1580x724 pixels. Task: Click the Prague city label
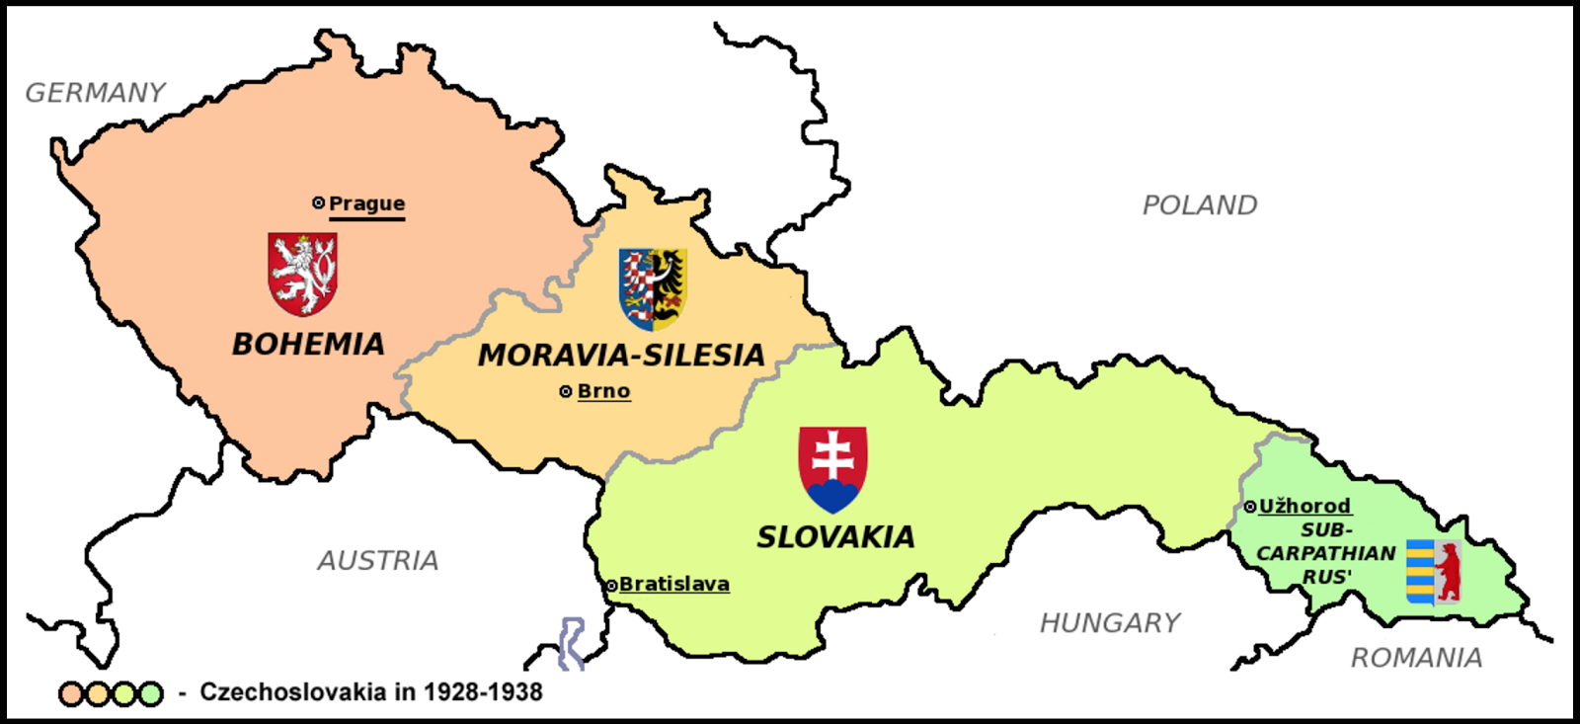(366, 203)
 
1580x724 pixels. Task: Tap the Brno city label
(603, 391)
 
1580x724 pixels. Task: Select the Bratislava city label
(674, 585)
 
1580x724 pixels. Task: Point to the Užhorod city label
(1304, 506)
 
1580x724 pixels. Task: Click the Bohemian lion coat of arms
(303, 274)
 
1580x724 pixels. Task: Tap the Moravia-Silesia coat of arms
(653, 288)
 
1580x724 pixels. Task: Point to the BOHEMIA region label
(308, 344)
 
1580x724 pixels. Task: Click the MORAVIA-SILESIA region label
(621, 355)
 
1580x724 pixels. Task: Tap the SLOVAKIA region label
(835, 537)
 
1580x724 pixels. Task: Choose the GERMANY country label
(96, 93)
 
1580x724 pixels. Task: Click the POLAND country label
(1200, 205)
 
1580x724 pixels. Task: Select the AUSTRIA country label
(378, 561)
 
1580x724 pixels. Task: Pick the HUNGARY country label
(1110, 623)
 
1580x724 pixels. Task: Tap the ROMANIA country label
(1416, 658)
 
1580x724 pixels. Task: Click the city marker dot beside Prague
(318, 202)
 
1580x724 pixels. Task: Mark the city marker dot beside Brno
(566, 392)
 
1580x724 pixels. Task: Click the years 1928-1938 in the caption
(483, 692)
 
